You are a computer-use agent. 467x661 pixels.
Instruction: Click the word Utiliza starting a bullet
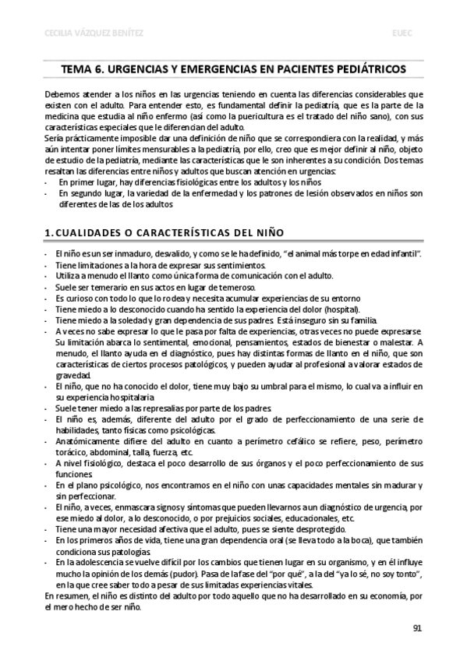pyautogui.click(x=69, y=276)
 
